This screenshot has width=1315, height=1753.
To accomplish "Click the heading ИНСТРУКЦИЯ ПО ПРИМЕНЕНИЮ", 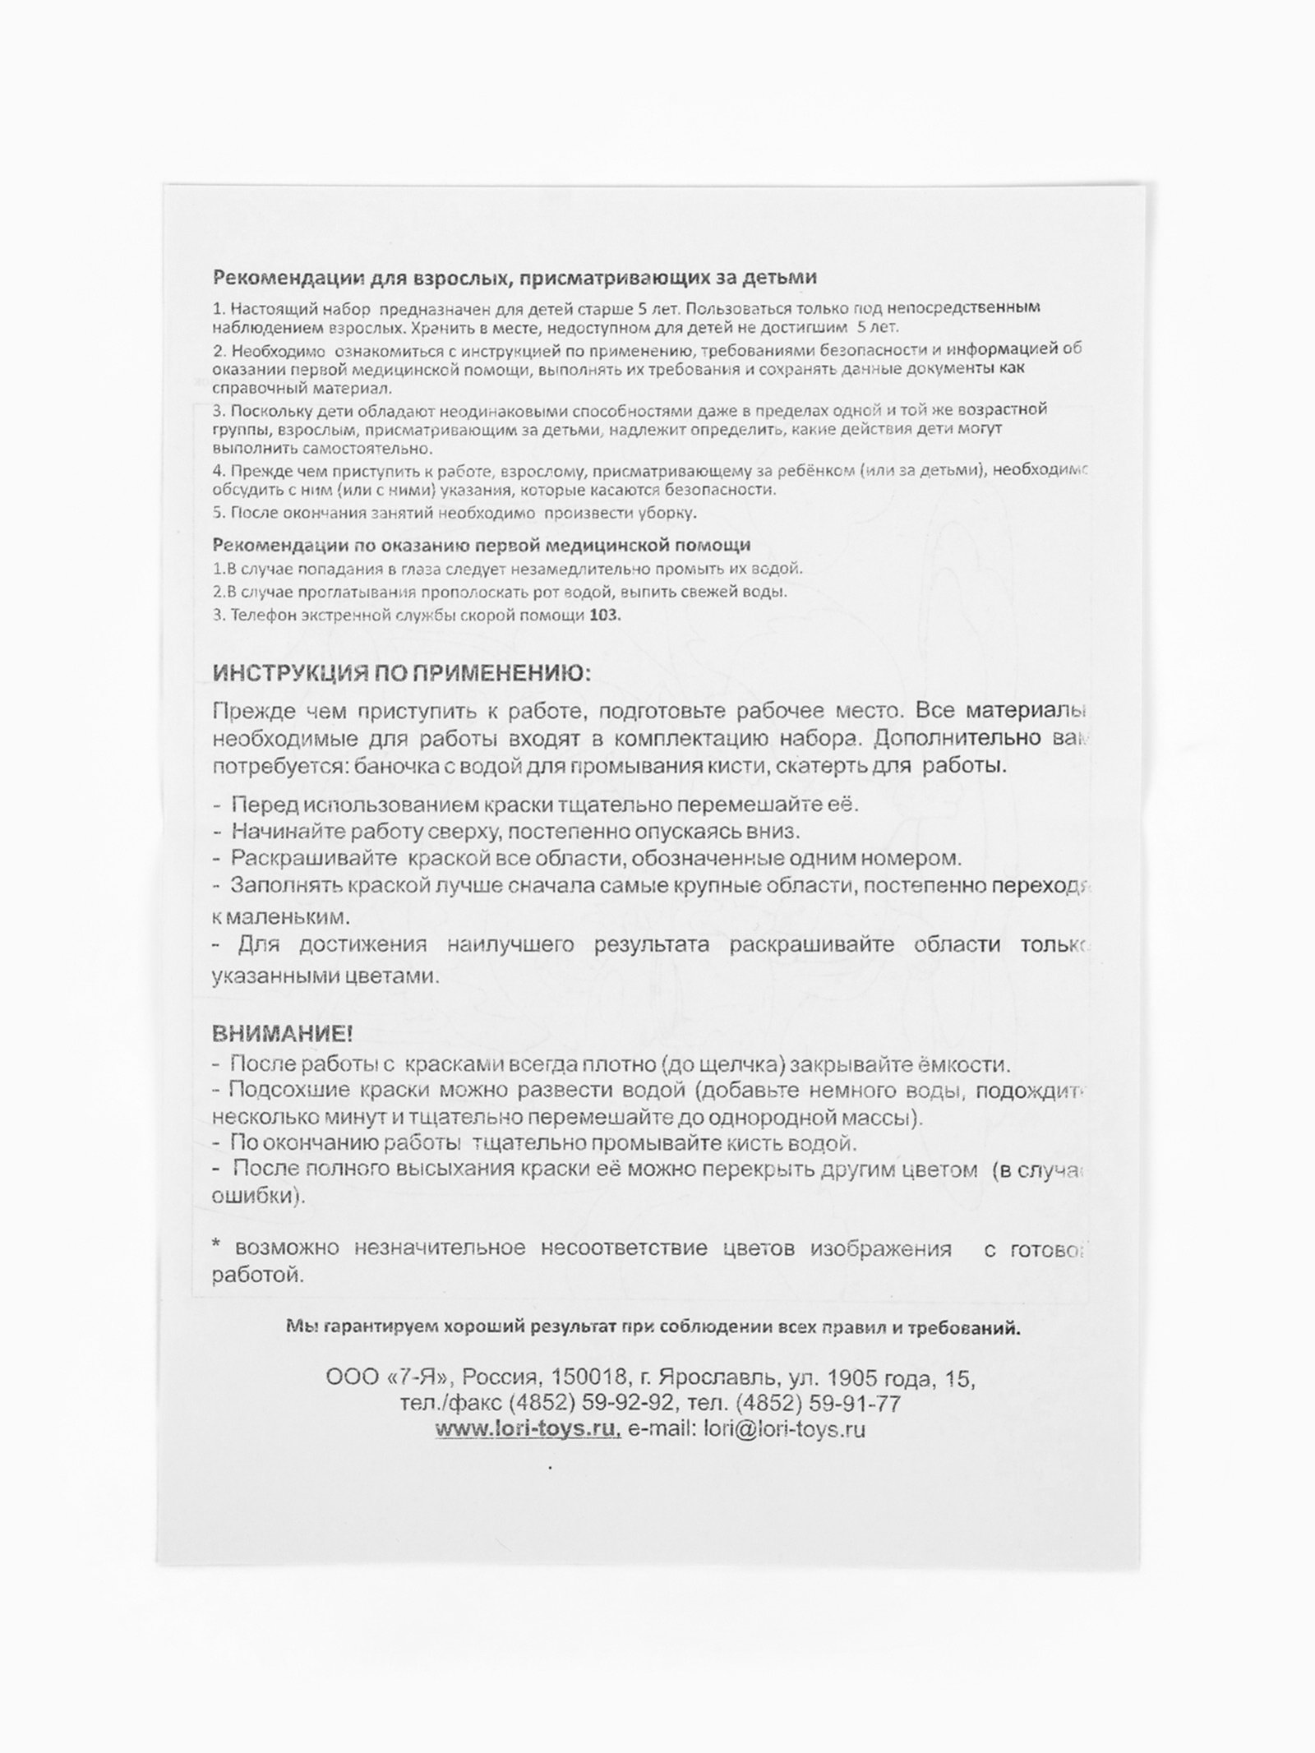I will tap(401, 674).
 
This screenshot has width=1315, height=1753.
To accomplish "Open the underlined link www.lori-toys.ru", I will tap(528, 1429).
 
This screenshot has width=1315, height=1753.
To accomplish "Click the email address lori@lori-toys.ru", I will tap(784, 1429).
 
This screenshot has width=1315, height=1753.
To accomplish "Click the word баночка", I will tap(390, 766).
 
